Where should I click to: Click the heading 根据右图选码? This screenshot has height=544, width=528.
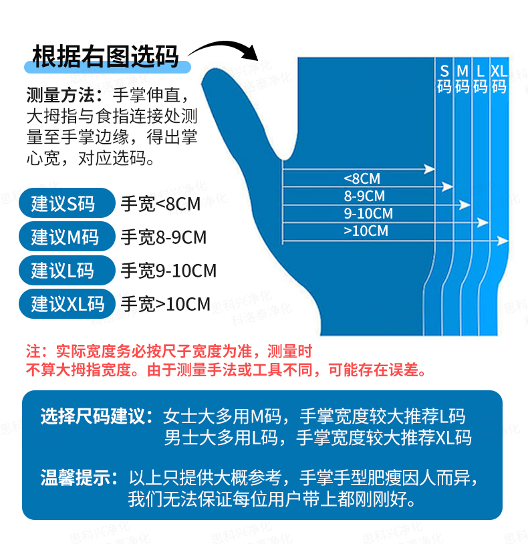click(106, 56)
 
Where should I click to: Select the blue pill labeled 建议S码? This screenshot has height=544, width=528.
click(67, 203)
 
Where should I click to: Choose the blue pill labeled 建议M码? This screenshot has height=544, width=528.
click(67, 237)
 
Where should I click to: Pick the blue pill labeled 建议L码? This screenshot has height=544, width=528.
click(67, 270)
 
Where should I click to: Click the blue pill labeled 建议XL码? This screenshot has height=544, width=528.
click(67, 304)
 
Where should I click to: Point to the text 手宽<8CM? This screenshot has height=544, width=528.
click(160, 204)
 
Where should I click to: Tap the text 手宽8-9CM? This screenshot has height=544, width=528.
click(163, 237)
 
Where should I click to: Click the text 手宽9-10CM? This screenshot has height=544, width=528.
click(168, 271)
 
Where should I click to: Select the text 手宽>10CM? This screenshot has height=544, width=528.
click(166, 304)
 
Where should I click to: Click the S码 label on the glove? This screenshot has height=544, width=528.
click(444, 79)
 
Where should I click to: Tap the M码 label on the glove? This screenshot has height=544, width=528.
click(463, 79)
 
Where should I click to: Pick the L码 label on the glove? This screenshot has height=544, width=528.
click(481, 79)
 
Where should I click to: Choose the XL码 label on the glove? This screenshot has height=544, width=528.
click(499, 79)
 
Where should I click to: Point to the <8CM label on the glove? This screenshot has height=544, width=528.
click(362, 178)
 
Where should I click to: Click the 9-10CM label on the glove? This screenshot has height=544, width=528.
click(368, 213)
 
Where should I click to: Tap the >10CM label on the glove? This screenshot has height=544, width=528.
click(366, 231)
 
